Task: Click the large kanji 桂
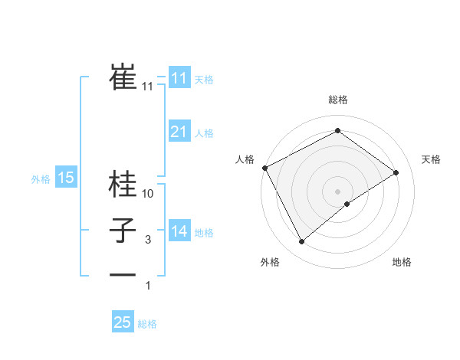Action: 123,184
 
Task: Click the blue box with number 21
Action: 179,132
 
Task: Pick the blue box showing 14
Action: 179,231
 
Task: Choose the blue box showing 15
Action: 66,178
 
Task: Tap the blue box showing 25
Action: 123,322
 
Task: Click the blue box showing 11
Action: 179,78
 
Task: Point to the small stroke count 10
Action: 148,194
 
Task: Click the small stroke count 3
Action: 148,240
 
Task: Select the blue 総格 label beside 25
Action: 147,324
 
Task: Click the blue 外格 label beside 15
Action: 41,179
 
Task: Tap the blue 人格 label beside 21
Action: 204,133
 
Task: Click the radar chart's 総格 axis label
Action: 337,100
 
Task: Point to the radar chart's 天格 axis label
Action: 431,159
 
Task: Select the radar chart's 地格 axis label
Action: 402,262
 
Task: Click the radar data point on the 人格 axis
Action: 264,167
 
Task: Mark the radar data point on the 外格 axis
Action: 301,242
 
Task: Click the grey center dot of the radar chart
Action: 337,191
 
